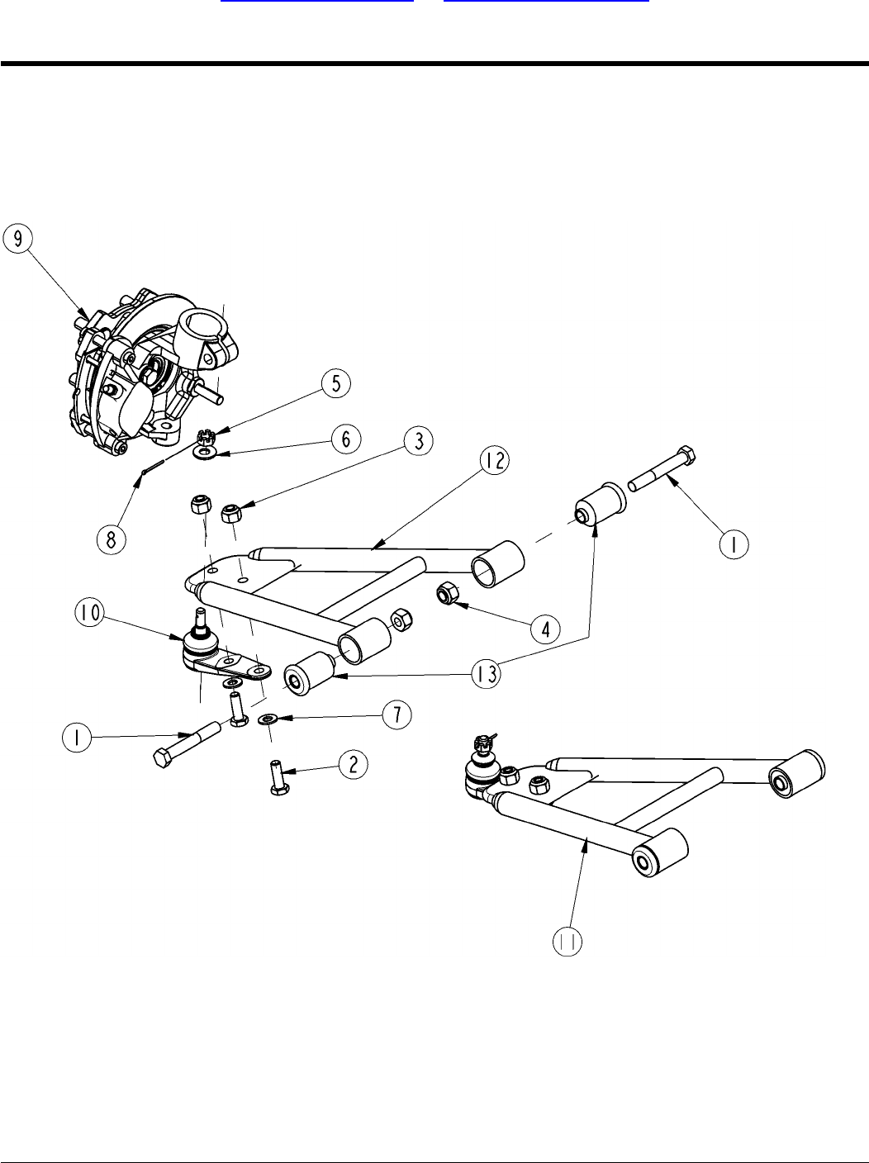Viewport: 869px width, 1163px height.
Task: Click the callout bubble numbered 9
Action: [x=19, y=239]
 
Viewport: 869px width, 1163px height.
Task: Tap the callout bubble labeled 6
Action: [x=346, y=439]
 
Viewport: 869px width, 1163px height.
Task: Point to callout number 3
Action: [x=420, y=442]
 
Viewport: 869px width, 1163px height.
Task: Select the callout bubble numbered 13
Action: [x=487, y=674]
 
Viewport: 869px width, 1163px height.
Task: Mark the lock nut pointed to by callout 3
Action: [x=230, y=515]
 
